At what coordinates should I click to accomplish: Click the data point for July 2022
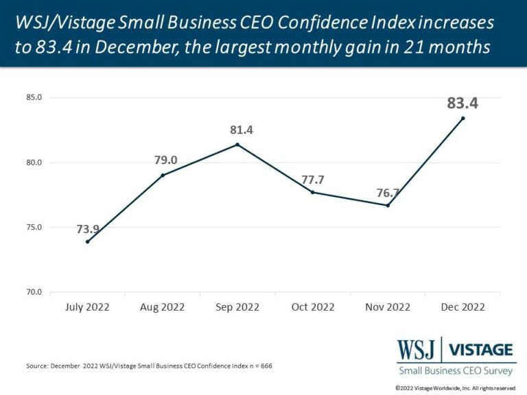click(x=88, y=241)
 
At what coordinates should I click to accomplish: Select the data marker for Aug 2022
click(x=163, y=176)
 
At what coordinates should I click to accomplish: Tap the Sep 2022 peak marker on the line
click(x=237, y=145)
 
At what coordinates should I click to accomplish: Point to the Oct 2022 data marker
click(x=313, y=192)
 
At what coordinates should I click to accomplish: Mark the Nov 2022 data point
click(x=388, y=205)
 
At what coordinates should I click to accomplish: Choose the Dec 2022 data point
click(x=462, y=118)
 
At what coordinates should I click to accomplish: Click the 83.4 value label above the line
click(x=462, y=103)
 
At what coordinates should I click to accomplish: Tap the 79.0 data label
click(x=165, y=160)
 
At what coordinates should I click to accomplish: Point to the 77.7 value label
click(x=313, y=180)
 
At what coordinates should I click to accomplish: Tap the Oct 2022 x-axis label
click(x=313, y=307)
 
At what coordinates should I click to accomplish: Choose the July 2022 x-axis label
click(x=88, y=307)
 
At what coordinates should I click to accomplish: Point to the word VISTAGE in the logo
click(x=480, y=350)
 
